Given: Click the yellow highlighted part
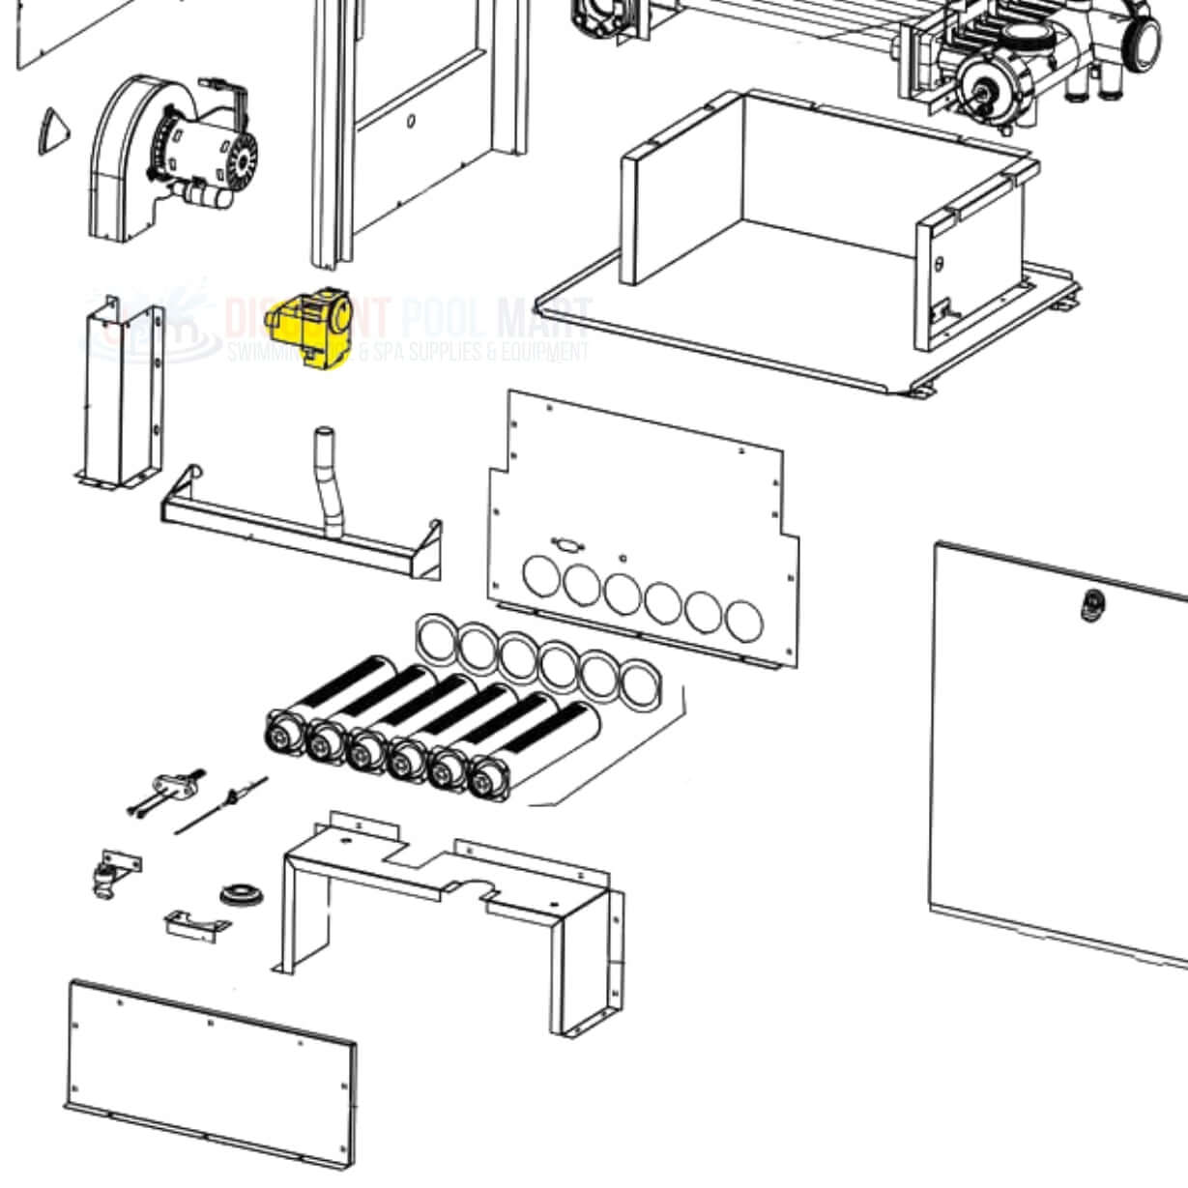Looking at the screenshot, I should (x=311, y=330).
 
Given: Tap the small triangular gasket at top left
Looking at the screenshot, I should (x=53, y=130).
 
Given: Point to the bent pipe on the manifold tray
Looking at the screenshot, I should (x=329, y=483).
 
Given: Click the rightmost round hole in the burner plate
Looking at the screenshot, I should (x=744, y=622).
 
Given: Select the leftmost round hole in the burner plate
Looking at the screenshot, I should (x=541, y=574).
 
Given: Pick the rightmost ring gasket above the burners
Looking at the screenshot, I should (x=638, y=684).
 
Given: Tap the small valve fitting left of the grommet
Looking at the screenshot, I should (x=104, y=881).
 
